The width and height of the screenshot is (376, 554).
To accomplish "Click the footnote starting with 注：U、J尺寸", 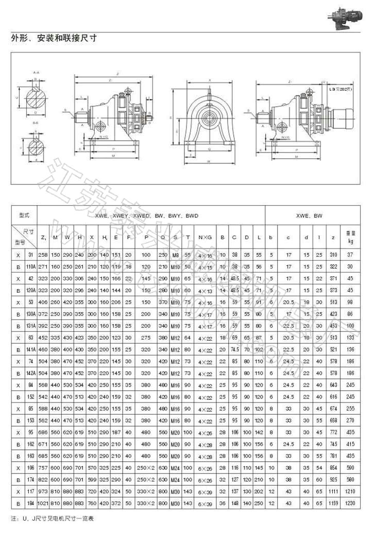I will [x=52, y=518].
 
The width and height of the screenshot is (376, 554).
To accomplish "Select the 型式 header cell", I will [x=24, y=215].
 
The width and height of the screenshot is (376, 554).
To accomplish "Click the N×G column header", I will [x=204, y=237].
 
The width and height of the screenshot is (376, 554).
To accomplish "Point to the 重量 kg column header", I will [x=350, y=237].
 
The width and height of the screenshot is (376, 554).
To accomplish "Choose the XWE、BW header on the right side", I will [x=313, y=215].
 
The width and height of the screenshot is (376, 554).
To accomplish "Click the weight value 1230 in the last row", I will [x=350, y=503].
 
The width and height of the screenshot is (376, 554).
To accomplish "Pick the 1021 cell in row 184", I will [x=43, y=503].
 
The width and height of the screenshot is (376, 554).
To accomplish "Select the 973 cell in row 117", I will [x=43, y=492].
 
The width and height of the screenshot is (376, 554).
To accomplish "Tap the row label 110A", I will [x=30, y=266].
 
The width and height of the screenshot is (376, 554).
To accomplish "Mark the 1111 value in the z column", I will [x=333, y=492].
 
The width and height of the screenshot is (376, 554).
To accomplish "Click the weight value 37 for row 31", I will [x=350, y=255].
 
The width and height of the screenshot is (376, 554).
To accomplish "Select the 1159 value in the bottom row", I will [x=333, y=503].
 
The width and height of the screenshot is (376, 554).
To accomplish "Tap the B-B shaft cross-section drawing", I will [x=36, y=147].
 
